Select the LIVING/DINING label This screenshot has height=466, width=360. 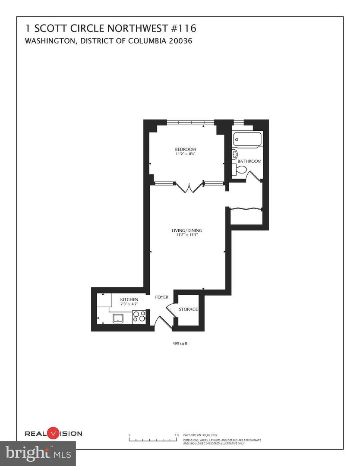[x=186, y=230]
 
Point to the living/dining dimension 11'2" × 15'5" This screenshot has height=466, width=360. [x=186, y=235]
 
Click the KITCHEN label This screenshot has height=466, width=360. [x=129, y=299]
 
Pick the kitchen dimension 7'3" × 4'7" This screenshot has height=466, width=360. [x=129, y=304]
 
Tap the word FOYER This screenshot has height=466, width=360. [x=162, y=297]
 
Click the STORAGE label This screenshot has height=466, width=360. [x=188, y=309]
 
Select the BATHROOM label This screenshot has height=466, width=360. [x=249, y=161]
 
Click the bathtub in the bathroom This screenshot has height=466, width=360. [x=247, y=140]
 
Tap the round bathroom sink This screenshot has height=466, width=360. [x=235, y=154]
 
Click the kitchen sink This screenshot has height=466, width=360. [x=118, y=318]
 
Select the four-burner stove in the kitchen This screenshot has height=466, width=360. [x=139, y=317]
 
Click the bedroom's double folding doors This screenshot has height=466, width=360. [x=189, y=187]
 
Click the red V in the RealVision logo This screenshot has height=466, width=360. [x=52, y=433]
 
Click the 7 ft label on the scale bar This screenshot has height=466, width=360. [x=176, y=435]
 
